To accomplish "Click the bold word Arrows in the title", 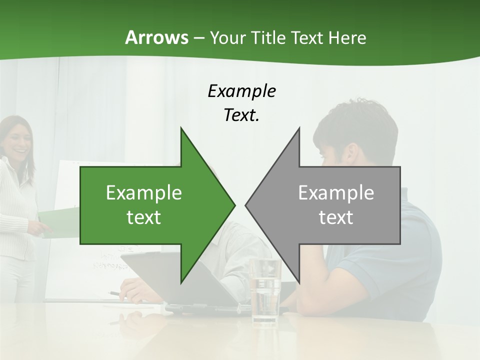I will pos(156,37).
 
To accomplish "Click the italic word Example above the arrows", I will pos(241,91).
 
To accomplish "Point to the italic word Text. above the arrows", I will pos(241,115).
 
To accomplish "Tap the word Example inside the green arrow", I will pos(143,193).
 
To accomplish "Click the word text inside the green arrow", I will pos(143,217).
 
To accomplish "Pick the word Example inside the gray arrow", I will pos(336,193).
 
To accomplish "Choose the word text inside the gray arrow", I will pos(336,217).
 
